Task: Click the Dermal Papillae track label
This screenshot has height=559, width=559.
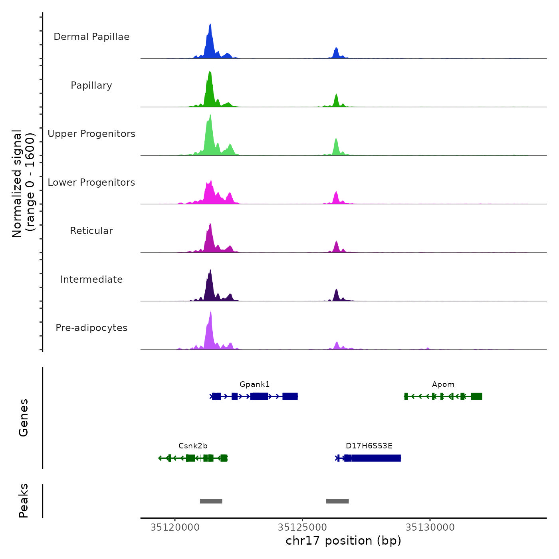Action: coord(91,37)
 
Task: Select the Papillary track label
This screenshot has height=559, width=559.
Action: coord(91,85)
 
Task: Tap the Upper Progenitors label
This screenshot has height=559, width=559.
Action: coord(91,134)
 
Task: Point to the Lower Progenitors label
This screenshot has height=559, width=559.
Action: coord(91,182)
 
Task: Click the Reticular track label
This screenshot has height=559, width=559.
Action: coord(91,231)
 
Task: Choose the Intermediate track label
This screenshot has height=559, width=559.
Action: coord(91,279)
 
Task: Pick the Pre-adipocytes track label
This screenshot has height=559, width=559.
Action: coord(91,328)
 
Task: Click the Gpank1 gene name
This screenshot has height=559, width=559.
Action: coord(255,385)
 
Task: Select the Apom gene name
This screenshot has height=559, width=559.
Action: coord(443,385)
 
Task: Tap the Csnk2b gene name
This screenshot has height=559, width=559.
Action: coord(193,446)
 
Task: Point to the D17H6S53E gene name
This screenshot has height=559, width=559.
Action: coord(369,446)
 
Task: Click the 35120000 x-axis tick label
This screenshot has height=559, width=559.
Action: coord(175,527)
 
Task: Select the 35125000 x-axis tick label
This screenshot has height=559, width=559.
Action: coord(302,527)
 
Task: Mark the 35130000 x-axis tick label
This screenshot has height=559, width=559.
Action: coord(430,527)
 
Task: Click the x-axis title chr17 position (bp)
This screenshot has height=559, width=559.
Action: coord(343,541)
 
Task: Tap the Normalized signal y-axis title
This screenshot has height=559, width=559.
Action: coord(23,184)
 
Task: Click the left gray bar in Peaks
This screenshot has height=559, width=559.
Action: coord(211,501)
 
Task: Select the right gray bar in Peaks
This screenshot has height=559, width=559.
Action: coord(337,501)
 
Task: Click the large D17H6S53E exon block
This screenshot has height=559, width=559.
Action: coord(375,458)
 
